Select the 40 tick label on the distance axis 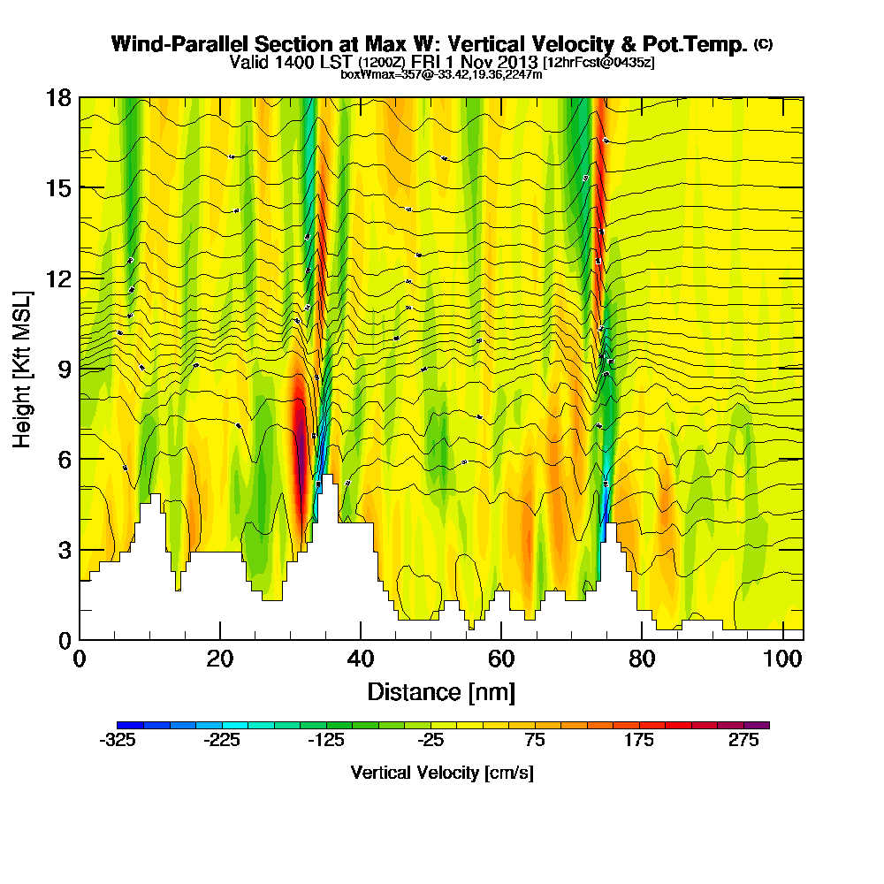coord(361,659)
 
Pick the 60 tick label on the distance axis coord(501,659)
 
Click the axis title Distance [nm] coord(441,691)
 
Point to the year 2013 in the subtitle coord(519,63)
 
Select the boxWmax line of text coord(441,74)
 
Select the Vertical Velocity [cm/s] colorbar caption coord(441,773)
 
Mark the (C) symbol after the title coord(763,43)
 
